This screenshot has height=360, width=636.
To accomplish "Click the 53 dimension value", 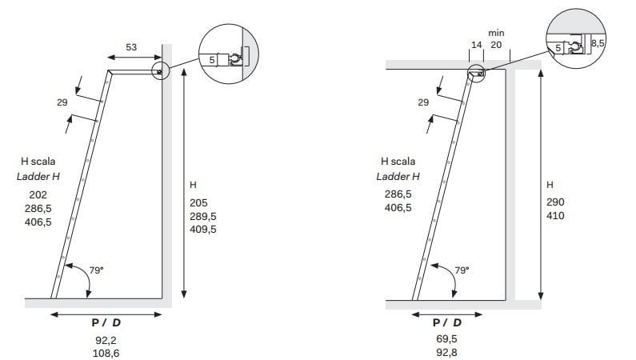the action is click(x=131, y=47).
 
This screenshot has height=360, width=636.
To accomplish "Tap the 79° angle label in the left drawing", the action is click(x=97, y=270).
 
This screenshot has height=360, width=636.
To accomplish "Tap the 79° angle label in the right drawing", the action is click(x=462, y=270).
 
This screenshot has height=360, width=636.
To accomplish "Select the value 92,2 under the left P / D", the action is click(x=106, y=340).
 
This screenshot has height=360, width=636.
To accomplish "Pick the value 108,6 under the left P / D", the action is click(x=106, y=353).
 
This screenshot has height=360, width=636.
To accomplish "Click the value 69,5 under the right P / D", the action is click(x=446, y=338).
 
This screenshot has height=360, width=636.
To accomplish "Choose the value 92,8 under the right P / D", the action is click(x=446, y=352).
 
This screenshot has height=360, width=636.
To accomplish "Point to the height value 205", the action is click(x=198, y=202).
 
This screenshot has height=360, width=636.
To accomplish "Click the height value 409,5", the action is click(x=203, y=230).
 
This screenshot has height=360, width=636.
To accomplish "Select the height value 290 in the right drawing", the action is click(x=555, y=202).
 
